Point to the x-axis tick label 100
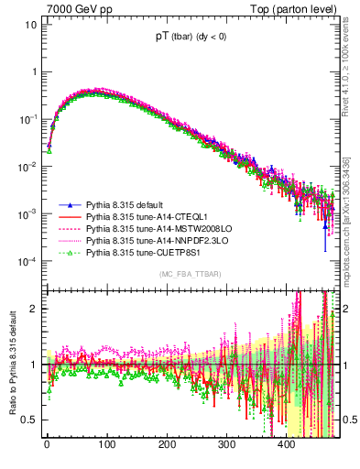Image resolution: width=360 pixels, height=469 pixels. click(107, 444)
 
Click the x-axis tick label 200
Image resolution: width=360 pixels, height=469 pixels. click(167, 444)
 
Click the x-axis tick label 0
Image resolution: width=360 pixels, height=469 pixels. click(48, 444)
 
